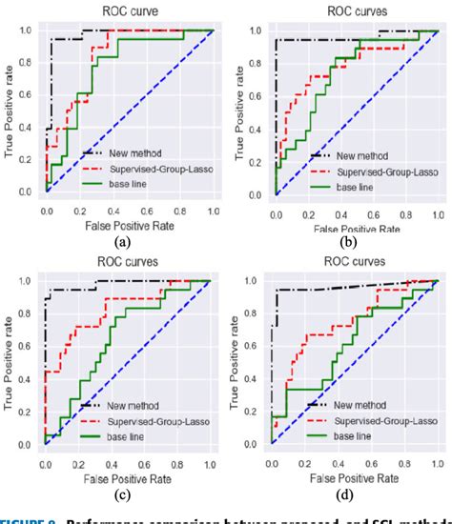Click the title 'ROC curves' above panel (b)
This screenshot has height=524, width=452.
pyautogui.click(x=354, y=10)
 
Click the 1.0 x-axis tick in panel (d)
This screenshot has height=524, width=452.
pyautogui.click(x=438, y=461)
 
